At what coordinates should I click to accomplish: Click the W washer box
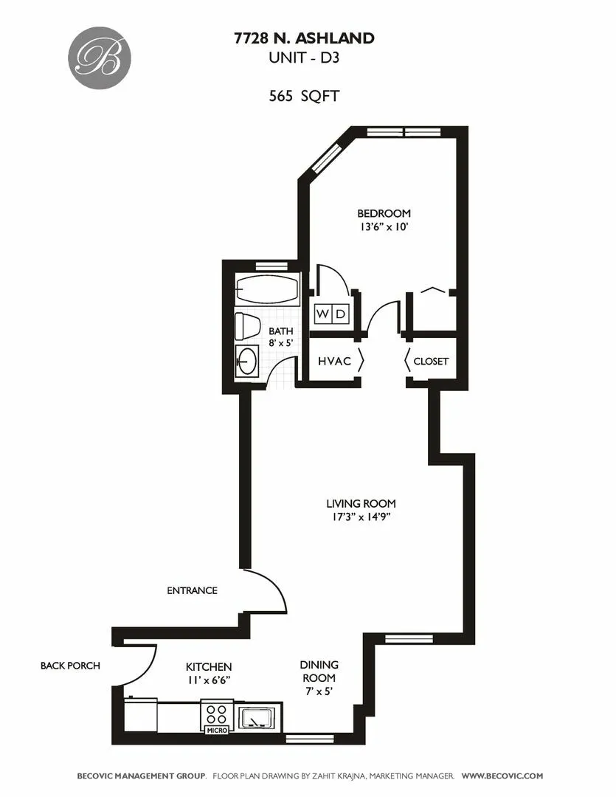pos(323,314)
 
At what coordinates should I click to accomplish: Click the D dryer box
pos(340,314)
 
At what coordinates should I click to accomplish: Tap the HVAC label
pos(333,362)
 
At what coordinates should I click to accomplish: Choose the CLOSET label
pos(431,362)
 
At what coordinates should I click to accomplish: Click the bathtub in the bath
pos(267,290)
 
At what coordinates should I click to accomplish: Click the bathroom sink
pos(246,362)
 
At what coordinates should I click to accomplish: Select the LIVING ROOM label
pos(356,504)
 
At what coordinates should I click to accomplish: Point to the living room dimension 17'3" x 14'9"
pos(356,517)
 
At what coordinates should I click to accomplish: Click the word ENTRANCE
pos(192,590)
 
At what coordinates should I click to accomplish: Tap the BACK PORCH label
pos(70,666)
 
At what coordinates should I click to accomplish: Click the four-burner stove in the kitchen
pos(217,714)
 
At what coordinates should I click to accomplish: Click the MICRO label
pos(217,731)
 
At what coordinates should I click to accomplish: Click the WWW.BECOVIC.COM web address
pos(502,776)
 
